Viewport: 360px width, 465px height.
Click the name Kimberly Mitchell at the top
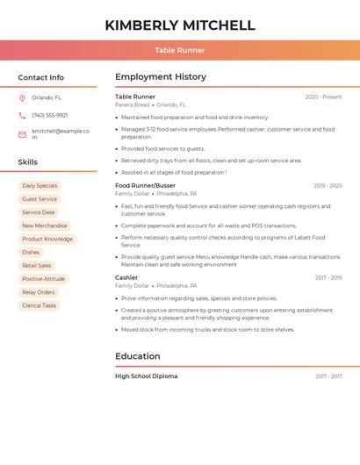[x=179, y=25]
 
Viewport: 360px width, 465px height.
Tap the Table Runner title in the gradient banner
[x=179, y=50]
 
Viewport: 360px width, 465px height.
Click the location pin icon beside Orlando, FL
[x=22, y=97]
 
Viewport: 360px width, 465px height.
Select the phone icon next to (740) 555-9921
[x=22, y=115]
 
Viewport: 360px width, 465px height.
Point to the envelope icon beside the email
[x=22, y=134]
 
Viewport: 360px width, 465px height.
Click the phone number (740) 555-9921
[x=49, y=115]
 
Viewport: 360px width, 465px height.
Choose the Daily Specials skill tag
[x=40, y=186]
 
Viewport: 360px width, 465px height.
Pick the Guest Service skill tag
[x=40, y=199]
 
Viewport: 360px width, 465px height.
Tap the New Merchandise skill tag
[x=44, y=225]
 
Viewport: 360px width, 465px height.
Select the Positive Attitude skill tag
[x=43, y=279]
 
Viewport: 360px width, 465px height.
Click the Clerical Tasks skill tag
[x=39, y=305]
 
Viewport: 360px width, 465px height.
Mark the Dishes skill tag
[x=31, y=253]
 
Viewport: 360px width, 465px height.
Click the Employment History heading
[x=161, y=77]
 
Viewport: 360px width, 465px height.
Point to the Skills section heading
[x=28, y=162]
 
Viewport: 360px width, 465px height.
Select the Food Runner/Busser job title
[x=145, y=185]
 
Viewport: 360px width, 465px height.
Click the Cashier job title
[x=126, y=277]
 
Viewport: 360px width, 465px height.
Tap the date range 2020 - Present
[x=323, y=97]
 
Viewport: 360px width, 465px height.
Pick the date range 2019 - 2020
[x=328, y=186]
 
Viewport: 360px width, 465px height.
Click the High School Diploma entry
[x=146, y=376]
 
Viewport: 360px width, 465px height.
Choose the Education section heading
[x=138, y=356]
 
